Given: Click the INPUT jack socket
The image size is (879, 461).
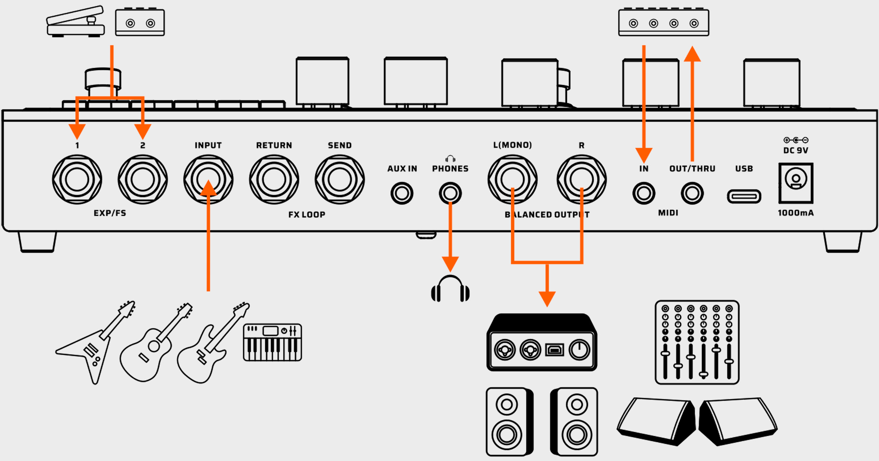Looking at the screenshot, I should pos(208,179).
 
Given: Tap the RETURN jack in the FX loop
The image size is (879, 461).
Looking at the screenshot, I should pos(274,179).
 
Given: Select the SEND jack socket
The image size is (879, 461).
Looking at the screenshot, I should pos(340,179).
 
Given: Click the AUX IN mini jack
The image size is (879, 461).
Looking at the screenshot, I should pos(402,193).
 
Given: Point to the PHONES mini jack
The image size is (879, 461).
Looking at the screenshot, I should pos(450,193).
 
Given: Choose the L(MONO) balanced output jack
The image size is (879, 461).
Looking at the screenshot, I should pos(512,179).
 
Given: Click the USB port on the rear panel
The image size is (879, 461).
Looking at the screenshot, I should pos(744,196).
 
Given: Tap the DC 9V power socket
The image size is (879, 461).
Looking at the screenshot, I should pos(796,183).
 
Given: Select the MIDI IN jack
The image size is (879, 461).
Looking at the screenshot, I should pos(644,193).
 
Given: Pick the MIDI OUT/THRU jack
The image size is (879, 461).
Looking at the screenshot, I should pos(692,193).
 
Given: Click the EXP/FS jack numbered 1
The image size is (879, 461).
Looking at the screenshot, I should pos(77,179).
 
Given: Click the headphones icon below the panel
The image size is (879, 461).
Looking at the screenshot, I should pos(450,289).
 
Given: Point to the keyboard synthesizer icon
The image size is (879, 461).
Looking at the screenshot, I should pos(272,342).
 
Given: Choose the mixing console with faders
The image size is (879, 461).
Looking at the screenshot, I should pos(697,342).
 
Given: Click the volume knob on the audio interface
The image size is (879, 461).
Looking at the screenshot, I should pos(579,350).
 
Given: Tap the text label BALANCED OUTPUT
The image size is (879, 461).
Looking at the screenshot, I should pos(547,215).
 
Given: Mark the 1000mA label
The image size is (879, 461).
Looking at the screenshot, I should pos(795,213).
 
